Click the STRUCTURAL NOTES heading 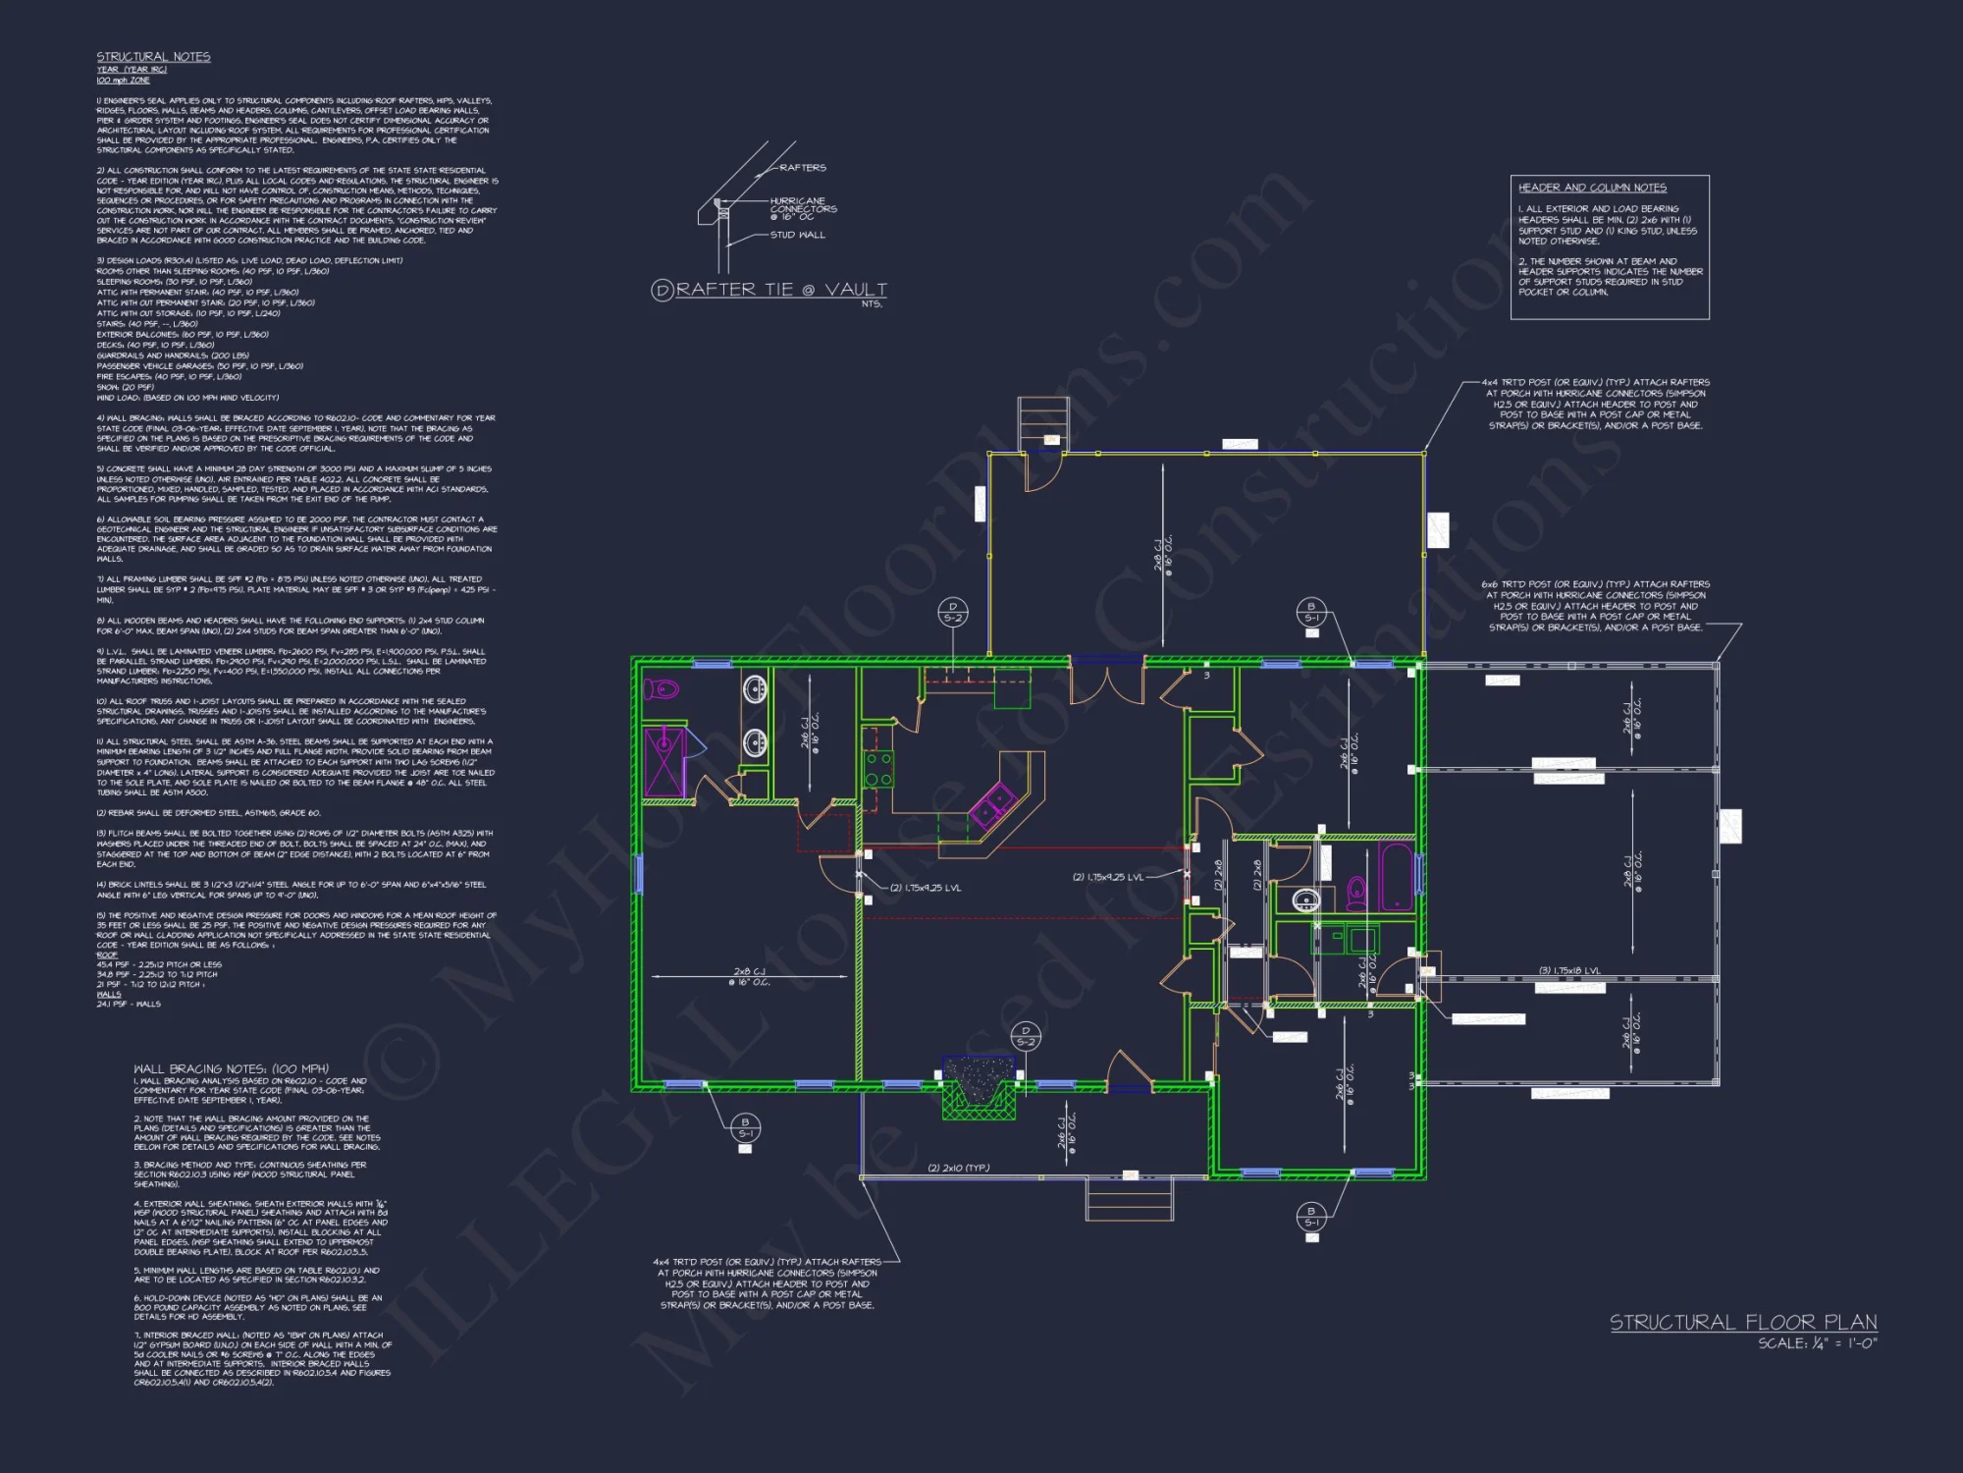[153, 57]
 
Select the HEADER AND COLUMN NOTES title [1592, 188]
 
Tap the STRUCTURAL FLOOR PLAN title [1743, 1323]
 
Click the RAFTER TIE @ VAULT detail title [781, 290]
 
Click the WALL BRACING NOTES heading [231, 1068]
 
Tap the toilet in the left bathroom [662, 688]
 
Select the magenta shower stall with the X [664, 761]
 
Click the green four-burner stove [878, 769]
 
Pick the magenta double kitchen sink [992, 807]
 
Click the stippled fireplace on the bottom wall [979, 1085]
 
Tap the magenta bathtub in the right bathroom [1395, 876]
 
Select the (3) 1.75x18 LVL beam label [1569, 971]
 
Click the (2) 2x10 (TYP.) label [959, 1168]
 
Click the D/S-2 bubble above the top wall [952, 612]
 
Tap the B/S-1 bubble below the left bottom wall [745, 1127]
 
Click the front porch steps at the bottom [1129, 1199]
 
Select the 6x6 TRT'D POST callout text [1595, 606]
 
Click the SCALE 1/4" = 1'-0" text [1817, 1343]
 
